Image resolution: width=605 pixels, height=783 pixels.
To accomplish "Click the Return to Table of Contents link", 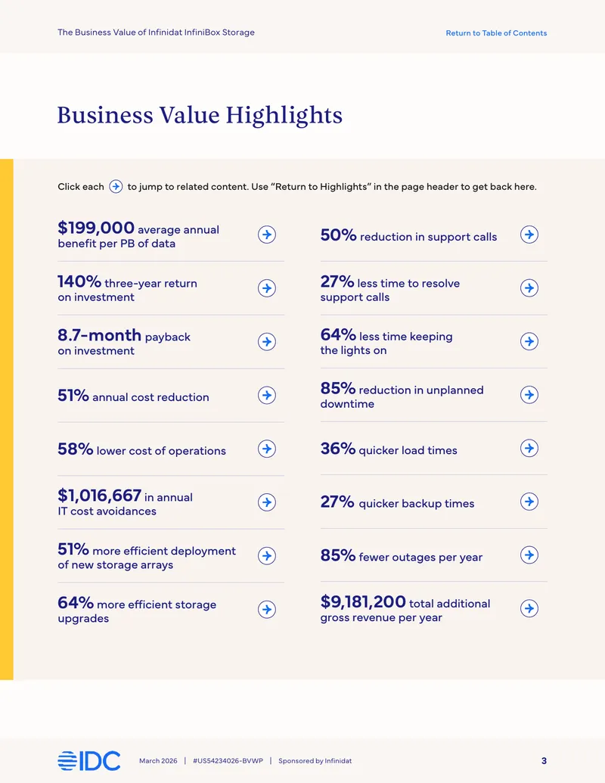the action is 496,33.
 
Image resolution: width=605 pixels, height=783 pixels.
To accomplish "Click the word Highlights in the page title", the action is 284,115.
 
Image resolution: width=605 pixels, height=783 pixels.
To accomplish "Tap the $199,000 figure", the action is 96,228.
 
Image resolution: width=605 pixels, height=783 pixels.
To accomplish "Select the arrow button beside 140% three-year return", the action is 267,288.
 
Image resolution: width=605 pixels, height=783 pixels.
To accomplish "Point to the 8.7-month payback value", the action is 99,334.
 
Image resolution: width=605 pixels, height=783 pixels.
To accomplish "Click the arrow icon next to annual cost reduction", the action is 267,395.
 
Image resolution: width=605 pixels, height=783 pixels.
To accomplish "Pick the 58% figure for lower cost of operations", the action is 76,449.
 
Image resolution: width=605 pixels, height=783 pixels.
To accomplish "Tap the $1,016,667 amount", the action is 99,496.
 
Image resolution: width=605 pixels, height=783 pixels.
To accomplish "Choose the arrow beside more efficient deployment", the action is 267,556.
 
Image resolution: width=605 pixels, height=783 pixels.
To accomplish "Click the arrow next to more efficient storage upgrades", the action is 267,609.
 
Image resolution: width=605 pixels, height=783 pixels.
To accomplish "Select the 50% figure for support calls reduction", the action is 339,235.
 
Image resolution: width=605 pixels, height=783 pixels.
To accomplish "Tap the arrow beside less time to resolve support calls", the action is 529,288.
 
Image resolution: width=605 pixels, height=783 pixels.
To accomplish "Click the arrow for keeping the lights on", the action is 529,341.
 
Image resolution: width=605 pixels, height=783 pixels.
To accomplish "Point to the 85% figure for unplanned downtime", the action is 338,388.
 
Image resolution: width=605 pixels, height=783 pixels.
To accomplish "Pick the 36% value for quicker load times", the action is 338,449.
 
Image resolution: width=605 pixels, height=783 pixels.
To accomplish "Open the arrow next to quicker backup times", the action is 529,502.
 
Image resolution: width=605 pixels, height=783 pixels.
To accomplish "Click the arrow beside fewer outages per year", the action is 529,555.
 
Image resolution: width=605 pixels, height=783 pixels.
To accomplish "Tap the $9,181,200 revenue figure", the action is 363,601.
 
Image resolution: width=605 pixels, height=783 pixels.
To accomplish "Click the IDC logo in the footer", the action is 88,761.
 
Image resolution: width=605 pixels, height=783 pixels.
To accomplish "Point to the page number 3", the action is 544,761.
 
